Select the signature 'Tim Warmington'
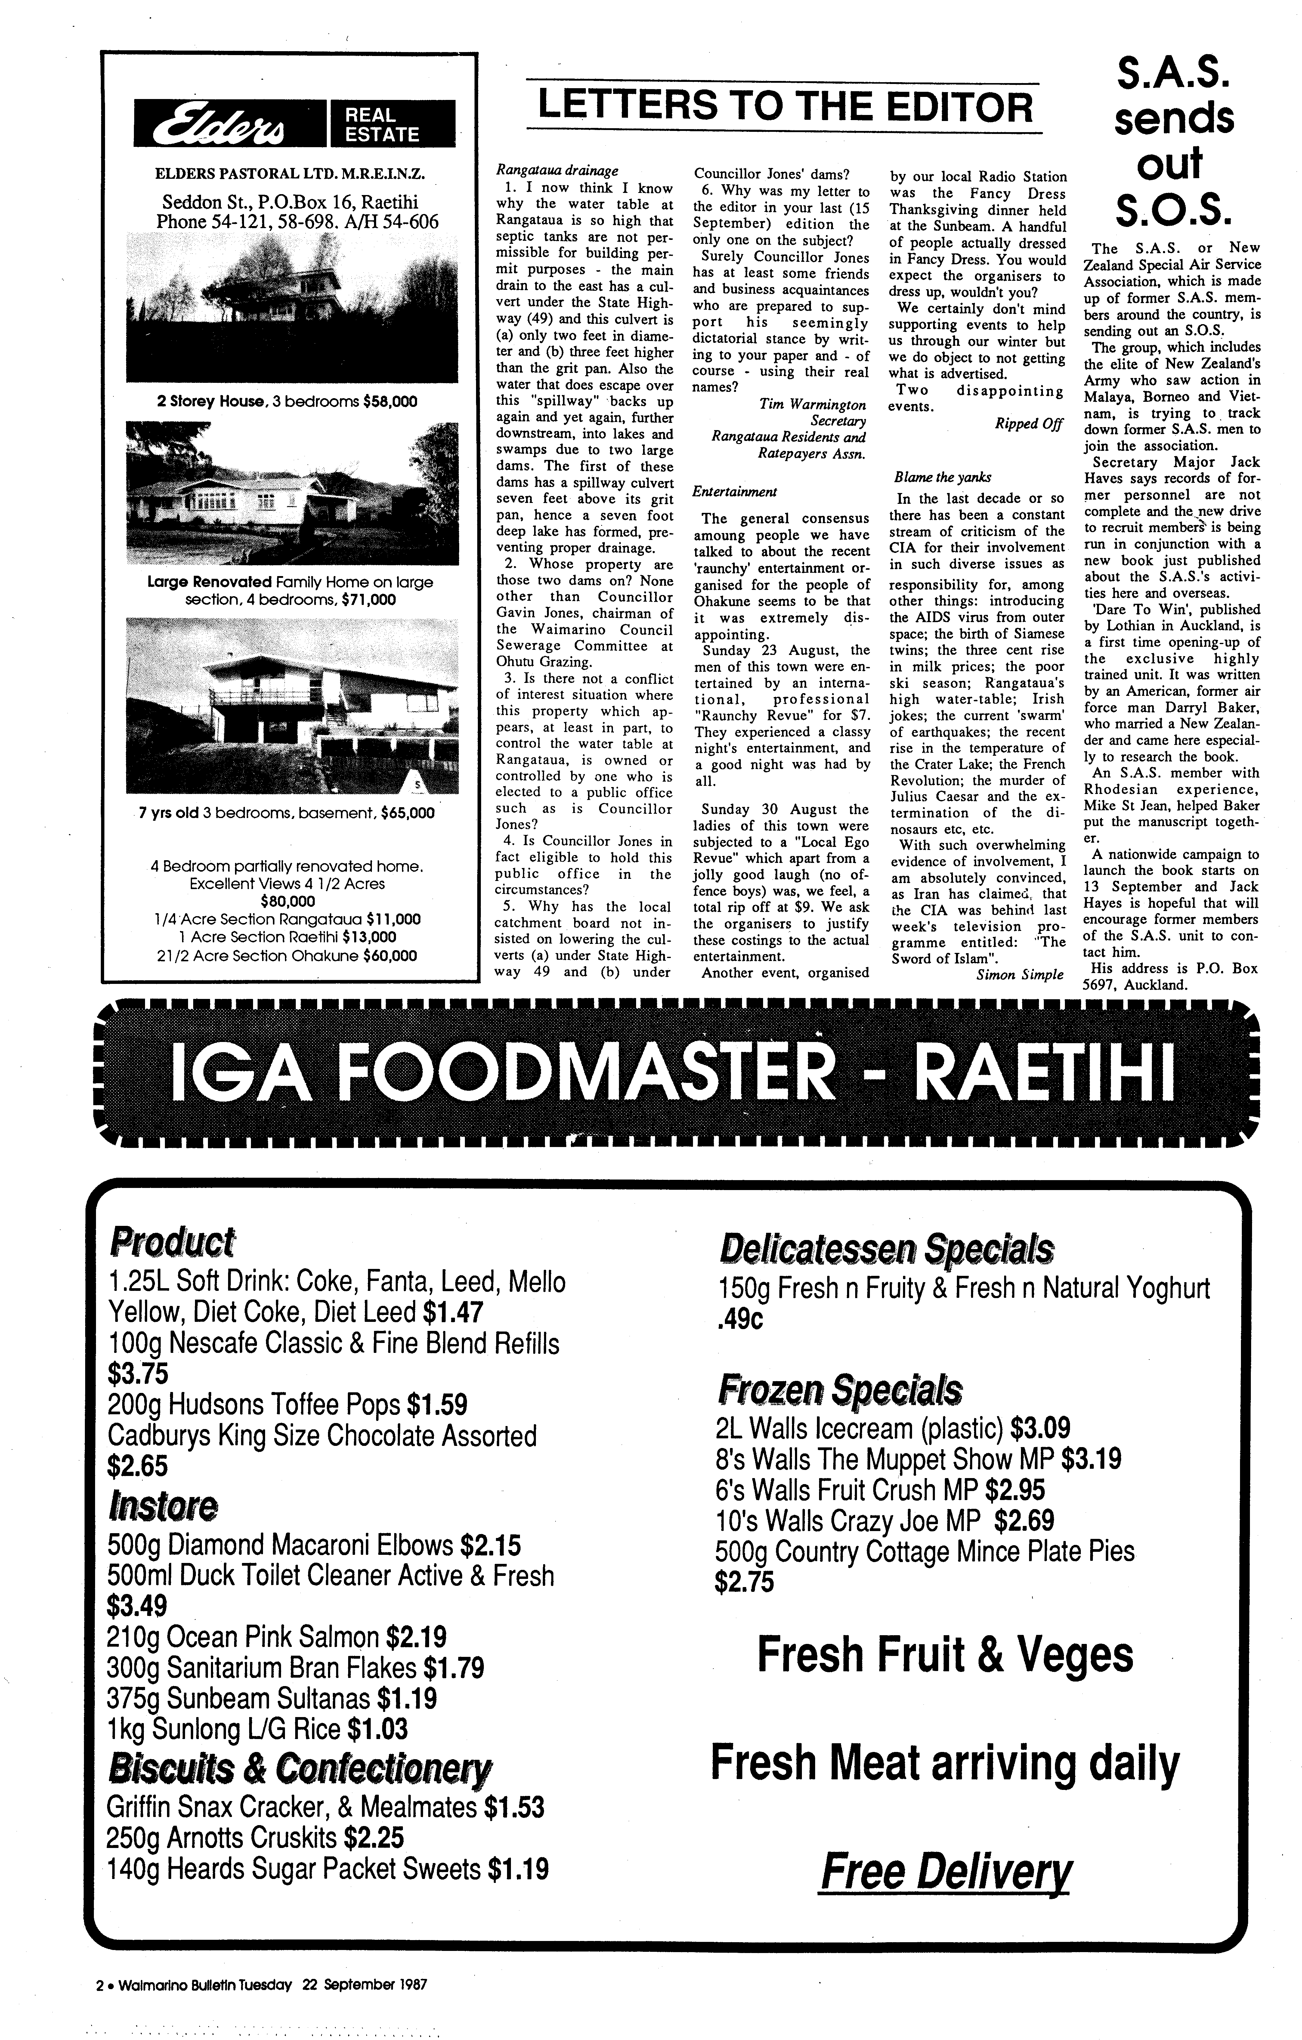[x=812, y=405]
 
